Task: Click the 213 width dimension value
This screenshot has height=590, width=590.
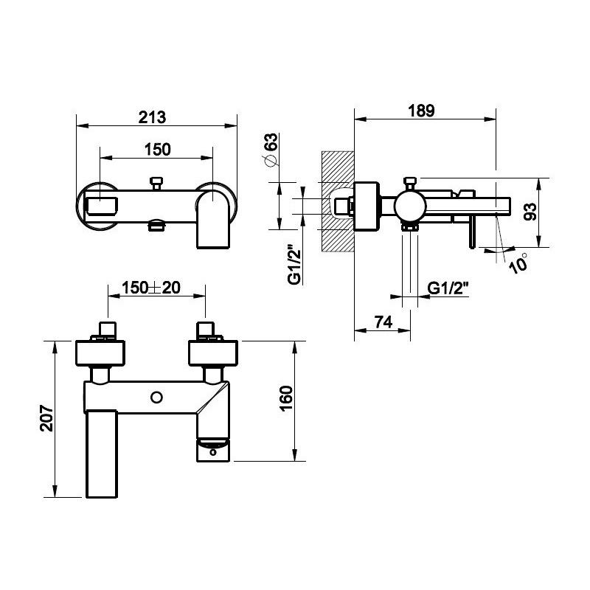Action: (x=152, y=117)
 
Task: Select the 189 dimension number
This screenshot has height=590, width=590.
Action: (x=421, y=111)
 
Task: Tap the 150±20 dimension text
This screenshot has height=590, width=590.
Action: (x=151, y=288)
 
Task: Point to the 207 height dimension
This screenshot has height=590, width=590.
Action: (x=47, y=418)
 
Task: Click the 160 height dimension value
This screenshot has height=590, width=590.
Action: (x=286, y=399)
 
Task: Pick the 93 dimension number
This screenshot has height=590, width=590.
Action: (x=530, y=212)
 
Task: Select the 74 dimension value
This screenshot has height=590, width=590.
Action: (x=383, y=322)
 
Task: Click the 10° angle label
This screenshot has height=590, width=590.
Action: (x=518, y=263)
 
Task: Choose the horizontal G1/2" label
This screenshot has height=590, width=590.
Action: (x=448, y=288)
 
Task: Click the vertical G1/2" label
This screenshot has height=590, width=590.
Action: (x=294, y=265)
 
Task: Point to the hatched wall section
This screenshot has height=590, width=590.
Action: (x=338, y=201)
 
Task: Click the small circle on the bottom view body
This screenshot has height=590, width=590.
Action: (x=156, y=398)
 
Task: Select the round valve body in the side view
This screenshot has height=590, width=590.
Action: (x=410, y=206)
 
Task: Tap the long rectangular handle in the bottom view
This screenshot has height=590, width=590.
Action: (x=102, y=454)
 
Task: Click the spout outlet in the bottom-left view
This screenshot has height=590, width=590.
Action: (x=213, y=449)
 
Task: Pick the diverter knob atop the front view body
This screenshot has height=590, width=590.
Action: (x=156, y=184)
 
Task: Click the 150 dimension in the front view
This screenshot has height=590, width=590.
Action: (x=158, y=150)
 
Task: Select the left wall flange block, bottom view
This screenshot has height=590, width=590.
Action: (x=100, y=353)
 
